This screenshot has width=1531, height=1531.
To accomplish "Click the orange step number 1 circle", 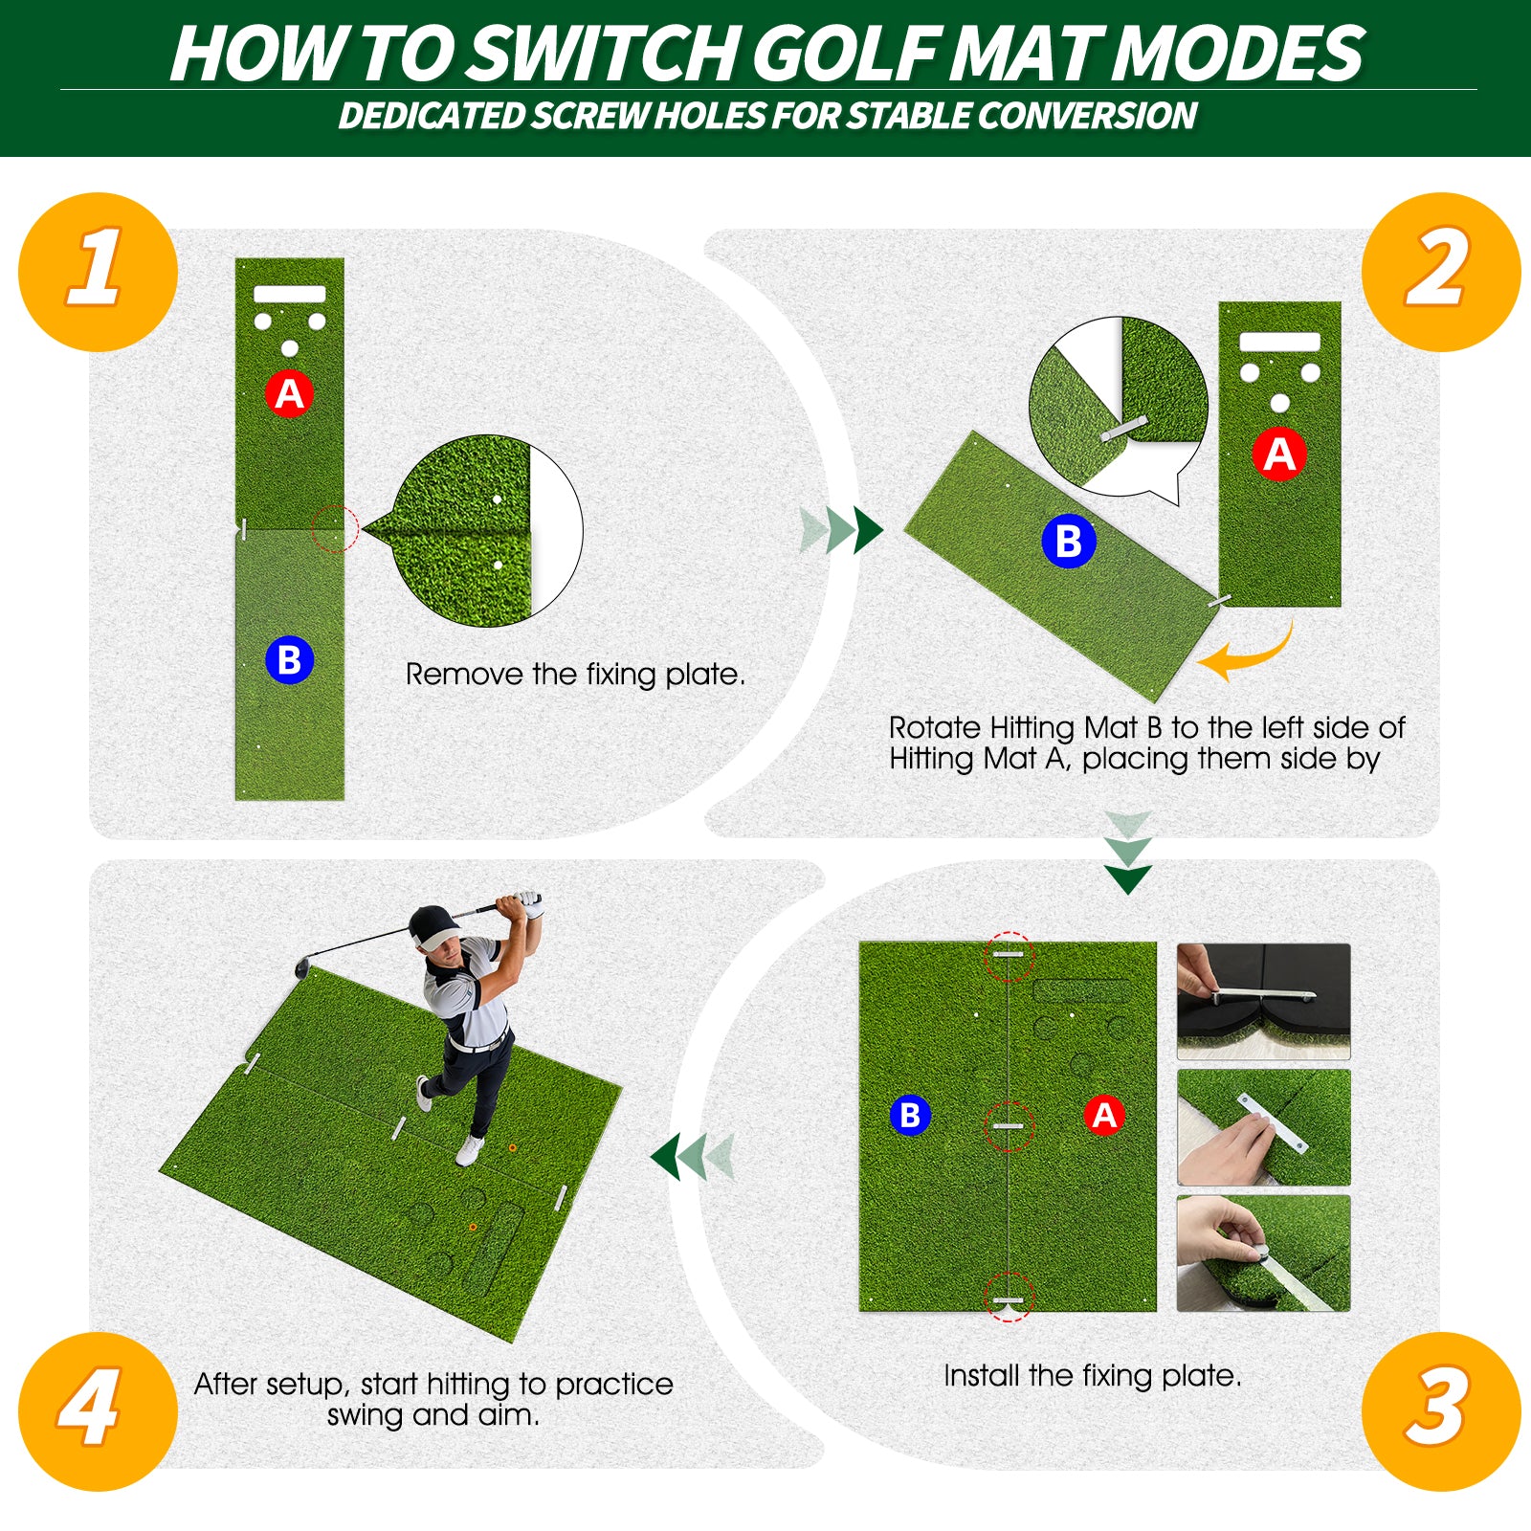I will coord(98,272).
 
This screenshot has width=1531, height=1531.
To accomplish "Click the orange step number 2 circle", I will coord(1440,272).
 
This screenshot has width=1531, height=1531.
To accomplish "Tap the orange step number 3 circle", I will coord(1440,1410).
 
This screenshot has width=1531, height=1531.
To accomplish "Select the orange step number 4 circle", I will coord(98,1410).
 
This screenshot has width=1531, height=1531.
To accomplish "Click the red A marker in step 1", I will coord(290,393).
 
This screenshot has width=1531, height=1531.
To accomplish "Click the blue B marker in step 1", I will coord(290,660).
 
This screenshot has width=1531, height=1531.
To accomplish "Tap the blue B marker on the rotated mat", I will coord(1068,542).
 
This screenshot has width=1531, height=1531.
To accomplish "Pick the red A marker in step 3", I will coord(1104,1116).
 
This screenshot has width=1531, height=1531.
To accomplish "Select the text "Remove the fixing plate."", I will coord(574,675).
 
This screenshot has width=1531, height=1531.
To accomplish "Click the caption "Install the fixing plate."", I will coord(1092,1376).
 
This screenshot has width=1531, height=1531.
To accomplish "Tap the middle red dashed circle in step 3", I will coord(1009,1126).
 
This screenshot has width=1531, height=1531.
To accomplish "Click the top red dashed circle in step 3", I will coord(1009,956).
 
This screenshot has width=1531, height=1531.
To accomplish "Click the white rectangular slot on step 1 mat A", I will coord(290,294).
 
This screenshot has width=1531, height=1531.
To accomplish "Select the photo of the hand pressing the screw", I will coord(1263,1253).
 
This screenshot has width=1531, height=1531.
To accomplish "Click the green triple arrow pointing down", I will coord(1128,854).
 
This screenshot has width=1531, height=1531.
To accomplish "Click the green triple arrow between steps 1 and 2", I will coord(841,530).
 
